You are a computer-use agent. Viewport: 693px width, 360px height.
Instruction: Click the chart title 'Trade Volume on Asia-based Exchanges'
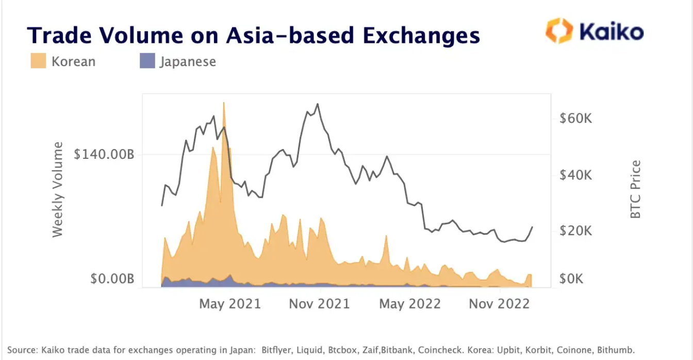[253, 35]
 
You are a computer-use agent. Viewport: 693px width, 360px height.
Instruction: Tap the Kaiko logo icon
[559, 31]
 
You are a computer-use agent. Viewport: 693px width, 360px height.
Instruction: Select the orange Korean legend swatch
[39, 61]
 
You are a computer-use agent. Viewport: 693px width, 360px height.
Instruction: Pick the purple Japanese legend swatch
[147, 61]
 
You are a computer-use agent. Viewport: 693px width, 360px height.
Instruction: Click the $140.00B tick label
[104, 154]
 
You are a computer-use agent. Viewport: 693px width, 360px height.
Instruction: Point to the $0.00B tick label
[112, 279]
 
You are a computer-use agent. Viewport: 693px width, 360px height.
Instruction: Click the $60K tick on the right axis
[575, 119]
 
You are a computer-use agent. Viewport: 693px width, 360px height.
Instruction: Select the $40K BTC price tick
[575, 175]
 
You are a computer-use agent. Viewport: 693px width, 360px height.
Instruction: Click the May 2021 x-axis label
[230, 304]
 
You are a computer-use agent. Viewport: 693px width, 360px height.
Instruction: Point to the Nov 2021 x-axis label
[319, 304]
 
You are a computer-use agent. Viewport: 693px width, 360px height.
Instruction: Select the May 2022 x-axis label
[410, 304]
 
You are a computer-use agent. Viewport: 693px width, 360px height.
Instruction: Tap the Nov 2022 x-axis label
[499, 304]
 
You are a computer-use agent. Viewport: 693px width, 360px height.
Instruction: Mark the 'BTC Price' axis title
[636, 189]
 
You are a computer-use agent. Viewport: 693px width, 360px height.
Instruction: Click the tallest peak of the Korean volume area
[223, 103]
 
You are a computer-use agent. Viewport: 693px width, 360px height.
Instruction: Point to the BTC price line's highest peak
[317, 104]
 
